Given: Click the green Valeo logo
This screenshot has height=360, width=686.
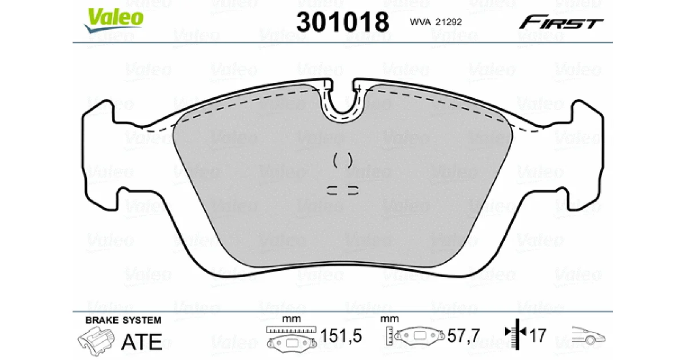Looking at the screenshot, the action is pos(114,19).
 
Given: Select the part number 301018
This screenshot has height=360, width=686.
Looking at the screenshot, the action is pos(342,22).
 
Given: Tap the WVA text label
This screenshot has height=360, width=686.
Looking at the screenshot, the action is pos(420,22).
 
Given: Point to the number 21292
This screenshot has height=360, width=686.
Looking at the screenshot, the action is pos(449,22).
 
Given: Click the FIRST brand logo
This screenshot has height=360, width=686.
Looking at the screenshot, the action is pos(561,22).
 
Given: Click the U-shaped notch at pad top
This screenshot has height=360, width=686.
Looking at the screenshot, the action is pos(343,102).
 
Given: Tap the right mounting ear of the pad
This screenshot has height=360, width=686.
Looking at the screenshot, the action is pos(585,155).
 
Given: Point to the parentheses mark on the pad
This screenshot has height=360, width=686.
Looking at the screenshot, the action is pos(342,161).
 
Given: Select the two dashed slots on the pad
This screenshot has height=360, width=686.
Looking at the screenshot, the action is pos(342,190).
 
